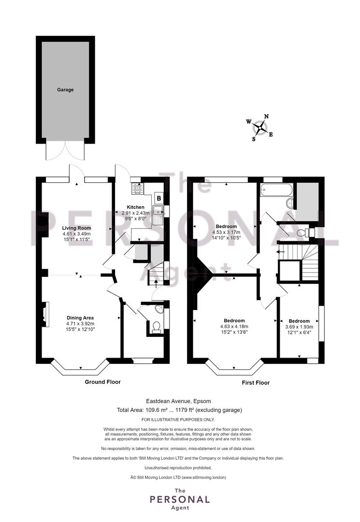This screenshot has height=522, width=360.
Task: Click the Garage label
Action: coord(65,89)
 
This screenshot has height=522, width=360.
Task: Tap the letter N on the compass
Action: coord(266,116)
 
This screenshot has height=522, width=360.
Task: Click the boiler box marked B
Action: coord(159,198)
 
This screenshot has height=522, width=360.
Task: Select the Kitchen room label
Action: coord(135,207)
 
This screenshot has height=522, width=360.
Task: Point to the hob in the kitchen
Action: coord(137,189)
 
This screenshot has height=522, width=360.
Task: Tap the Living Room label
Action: coord(76,228)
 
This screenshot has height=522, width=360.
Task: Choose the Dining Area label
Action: coord(80,318)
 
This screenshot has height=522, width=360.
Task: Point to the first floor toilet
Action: coord(302,232)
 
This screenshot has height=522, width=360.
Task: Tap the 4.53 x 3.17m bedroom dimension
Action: coord(226,232)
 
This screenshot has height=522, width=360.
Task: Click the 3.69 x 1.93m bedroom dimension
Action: coord(299,327)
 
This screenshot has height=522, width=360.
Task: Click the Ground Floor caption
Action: coord(103,382)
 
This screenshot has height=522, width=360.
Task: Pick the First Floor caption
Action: coord(256,383)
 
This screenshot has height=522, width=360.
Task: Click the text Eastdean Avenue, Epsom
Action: coord(179,401)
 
